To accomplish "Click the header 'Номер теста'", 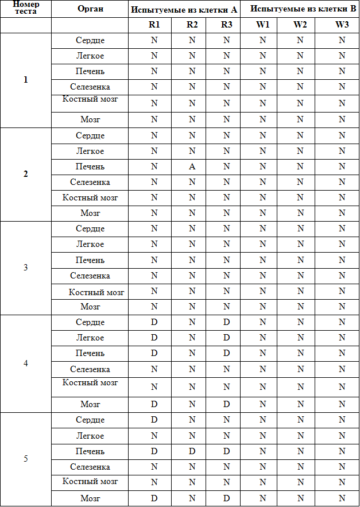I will (x=25, y=8).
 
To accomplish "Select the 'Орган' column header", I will (x=90, y=9).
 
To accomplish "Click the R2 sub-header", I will (x=192, y=25).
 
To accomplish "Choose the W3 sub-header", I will (x=342, y=25).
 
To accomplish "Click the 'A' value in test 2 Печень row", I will (x=192, y=167).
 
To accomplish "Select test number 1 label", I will (x=25, y=80).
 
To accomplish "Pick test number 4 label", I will (x=25, y=363).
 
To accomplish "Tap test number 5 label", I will (x=25, y=459).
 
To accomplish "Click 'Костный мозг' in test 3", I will (x=96, y=292).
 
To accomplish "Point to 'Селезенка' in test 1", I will (x=90, y=87).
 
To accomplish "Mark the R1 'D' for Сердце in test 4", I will (x=154, y=322).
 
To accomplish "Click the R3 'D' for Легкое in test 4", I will (x=226, y=338).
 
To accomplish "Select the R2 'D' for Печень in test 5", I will (x=192, y=451).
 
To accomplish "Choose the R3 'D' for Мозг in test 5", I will (x=226, y=498).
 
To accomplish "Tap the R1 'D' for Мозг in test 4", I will (x=154, y=404).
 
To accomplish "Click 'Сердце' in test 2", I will (x=90, y=136).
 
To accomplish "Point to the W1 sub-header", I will (x=263, y=25).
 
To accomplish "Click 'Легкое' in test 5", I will (x=90, y=436).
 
